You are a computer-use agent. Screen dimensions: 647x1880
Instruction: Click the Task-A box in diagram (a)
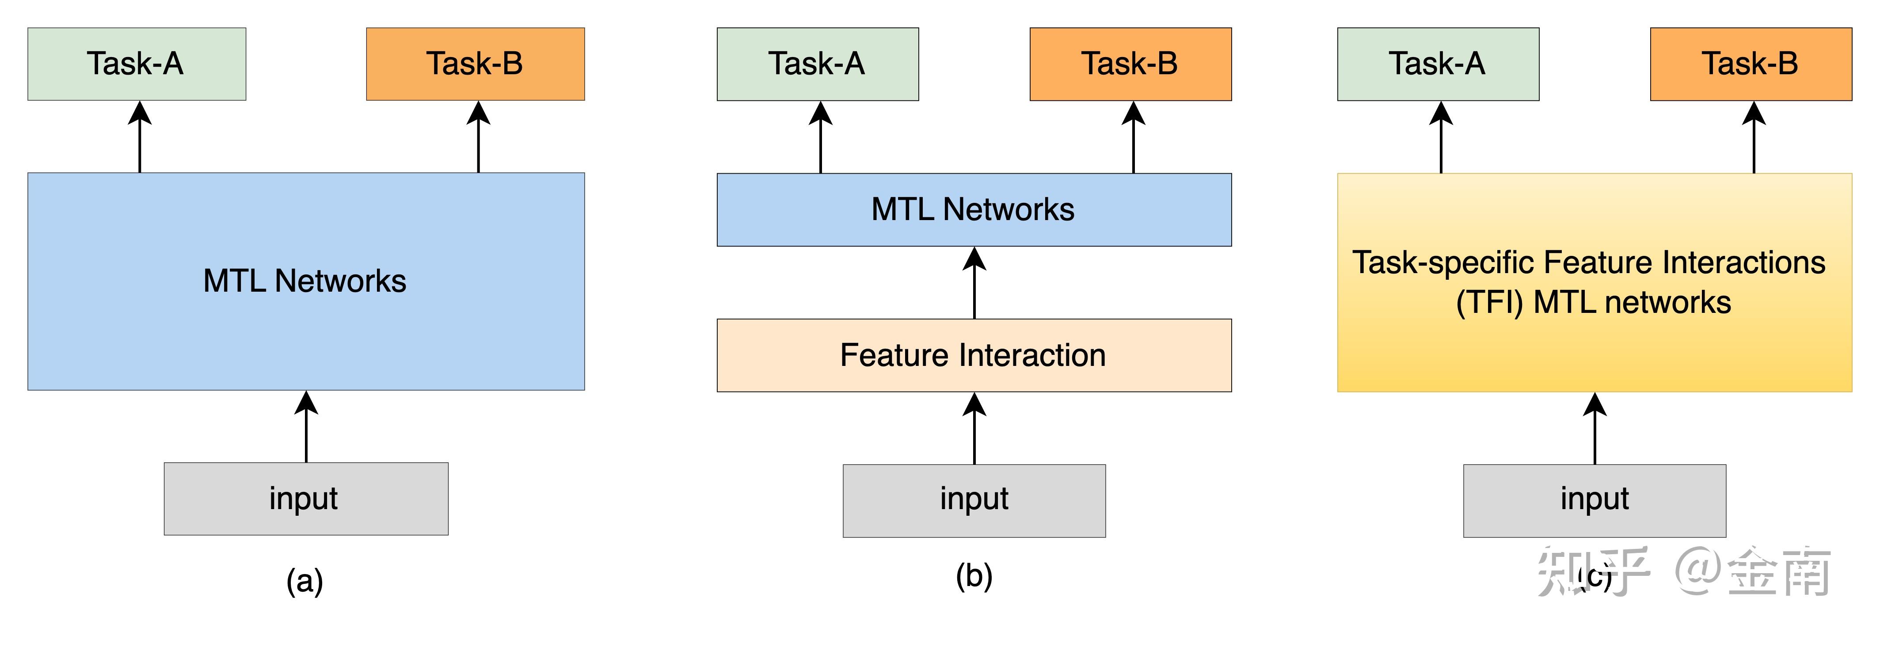tap(137, 64)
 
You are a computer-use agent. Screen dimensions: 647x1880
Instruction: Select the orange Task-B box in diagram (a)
tap(475, 64)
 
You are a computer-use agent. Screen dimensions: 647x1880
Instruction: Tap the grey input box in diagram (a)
tap(306, 499)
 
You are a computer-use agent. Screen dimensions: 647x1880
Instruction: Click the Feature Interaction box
tap(974, 356)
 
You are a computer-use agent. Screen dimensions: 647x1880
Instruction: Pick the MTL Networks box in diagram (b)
tap(974, 210)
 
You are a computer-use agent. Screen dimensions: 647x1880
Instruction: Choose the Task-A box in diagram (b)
tap(818, 64)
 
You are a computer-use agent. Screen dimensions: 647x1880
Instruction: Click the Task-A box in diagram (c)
tap(1438, 64)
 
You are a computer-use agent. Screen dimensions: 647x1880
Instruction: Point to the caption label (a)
tap(304, 581)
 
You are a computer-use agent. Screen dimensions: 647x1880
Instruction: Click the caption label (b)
tap(974, 576)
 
